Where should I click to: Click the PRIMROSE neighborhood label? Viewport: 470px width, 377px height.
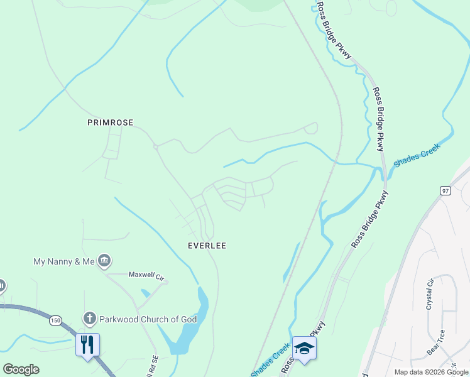tap(110, 123)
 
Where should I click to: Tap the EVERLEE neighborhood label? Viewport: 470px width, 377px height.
tap(207, 246)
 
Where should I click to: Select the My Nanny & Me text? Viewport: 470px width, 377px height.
tap(63, 261)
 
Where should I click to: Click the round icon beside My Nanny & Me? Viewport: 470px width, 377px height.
tap(104, 260)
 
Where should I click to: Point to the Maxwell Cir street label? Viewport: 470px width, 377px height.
tap(146, 275)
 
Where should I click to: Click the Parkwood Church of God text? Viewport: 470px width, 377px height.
tap(148, 319)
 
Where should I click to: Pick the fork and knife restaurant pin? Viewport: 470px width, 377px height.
tap(87, 345)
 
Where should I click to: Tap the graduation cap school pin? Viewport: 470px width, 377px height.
tap(304, 348)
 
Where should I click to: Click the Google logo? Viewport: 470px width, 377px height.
tap(21, 369)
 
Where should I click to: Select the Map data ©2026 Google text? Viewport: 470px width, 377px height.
tap(431, 372)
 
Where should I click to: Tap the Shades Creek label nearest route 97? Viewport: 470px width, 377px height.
tap(417, 155)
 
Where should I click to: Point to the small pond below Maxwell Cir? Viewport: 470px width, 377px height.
tap(146, 293)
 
